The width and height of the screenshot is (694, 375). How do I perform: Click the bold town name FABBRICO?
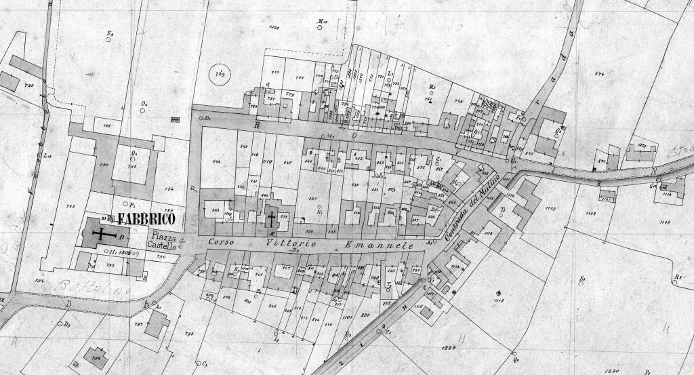[146, 219]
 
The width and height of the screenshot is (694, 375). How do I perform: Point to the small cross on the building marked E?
[272, 219]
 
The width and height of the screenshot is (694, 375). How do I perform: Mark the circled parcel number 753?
[220, 74]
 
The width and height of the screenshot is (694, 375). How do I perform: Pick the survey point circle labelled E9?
[110, 38]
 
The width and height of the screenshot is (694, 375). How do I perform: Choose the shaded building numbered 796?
[94, 355]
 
